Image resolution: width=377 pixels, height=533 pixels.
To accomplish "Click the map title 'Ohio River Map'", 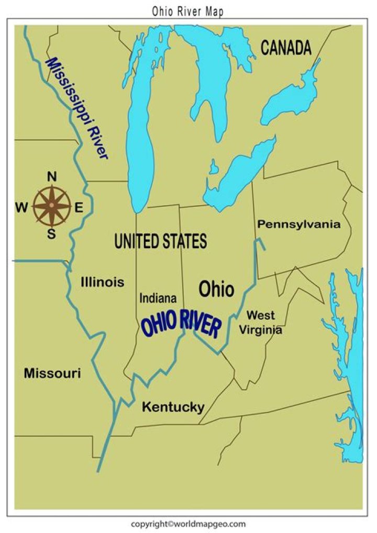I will click(x=188, y=11).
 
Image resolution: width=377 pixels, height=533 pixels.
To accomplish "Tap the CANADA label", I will click(x=286, y=48).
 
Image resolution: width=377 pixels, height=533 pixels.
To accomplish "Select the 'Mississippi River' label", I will click(x=77, y=107).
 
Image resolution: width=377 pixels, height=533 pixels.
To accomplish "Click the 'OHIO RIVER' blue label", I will click(x=181, y=325).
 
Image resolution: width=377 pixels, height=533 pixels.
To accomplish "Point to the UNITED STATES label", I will click(x=160, y=241).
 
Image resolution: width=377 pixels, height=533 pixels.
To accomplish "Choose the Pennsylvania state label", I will click(x=298, y=225).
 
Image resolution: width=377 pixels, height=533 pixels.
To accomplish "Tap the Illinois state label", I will click(x=103, y=282).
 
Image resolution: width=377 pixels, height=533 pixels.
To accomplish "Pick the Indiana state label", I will click(x=158, y=298).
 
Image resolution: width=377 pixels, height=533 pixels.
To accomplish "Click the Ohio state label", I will click(x=216, y=288).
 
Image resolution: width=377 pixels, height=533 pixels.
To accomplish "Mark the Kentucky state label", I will click(x=173, y=407).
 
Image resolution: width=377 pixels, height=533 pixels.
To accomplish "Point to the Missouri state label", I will click(x=52, y=373).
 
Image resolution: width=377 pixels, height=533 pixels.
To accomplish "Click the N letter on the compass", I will click(x=52, y=177).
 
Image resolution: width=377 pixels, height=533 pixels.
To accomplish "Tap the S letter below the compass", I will click(x=51, y=234).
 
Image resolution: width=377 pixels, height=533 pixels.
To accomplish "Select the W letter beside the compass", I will click(x=21, y=208).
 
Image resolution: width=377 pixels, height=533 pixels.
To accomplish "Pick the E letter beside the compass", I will click(x=79, y=207).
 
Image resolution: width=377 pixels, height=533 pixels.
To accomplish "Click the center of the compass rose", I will click(x=52, y=206).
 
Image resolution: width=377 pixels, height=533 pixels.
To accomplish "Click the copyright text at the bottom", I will click(x=188, y=524).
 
